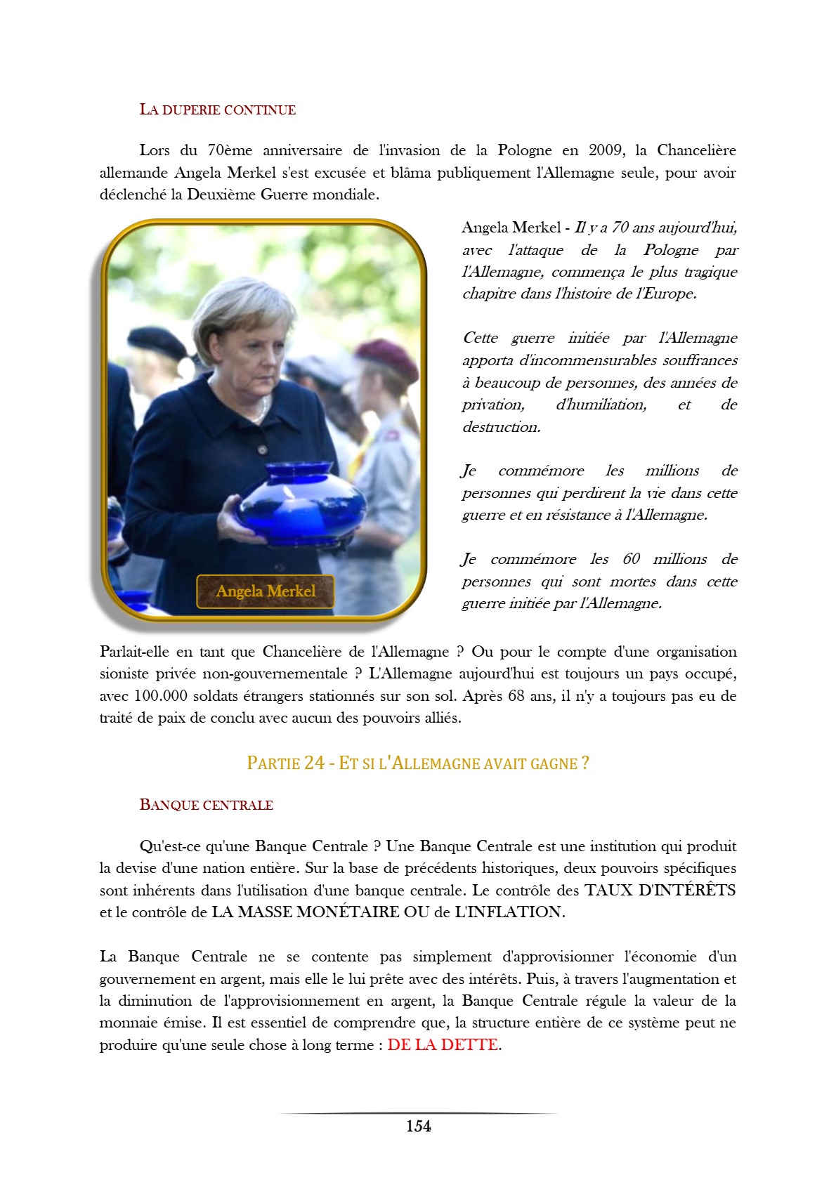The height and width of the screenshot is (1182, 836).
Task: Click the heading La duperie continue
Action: click(217, 110)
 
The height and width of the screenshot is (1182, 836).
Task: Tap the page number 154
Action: click(418, 1126)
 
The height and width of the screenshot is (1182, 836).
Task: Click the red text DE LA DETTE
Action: click(443, 1044)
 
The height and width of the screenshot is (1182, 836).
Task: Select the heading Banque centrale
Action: click(206, 805)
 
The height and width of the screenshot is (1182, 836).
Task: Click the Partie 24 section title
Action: click(417, 763)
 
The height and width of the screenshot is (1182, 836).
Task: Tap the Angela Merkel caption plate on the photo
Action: click(265, 591)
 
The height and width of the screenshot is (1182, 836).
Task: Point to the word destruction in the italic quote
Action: click(501, 427)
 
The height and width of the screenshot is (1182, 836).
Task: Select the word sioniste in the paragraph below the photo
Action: click(124, 674)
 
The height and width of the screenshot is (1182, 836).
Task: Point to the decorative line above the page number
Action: click(418, 1113)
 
